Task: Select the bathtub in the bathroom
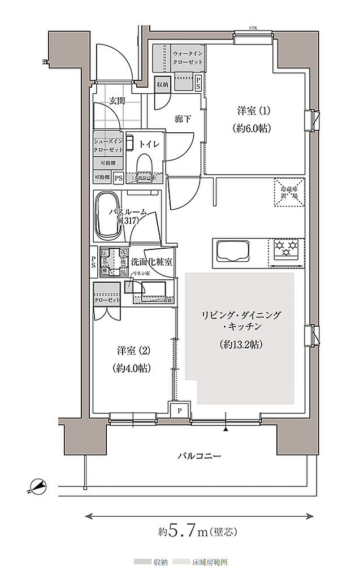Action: point(107,216)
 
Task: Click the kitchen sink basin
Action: point(232,250)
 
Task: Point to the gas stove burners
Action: point(287,248)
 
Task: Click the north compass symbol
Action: point(38,485)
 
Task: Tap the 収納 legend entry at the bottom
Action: point(151,563)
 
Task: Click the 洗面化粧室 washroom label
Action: point(151,262)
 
